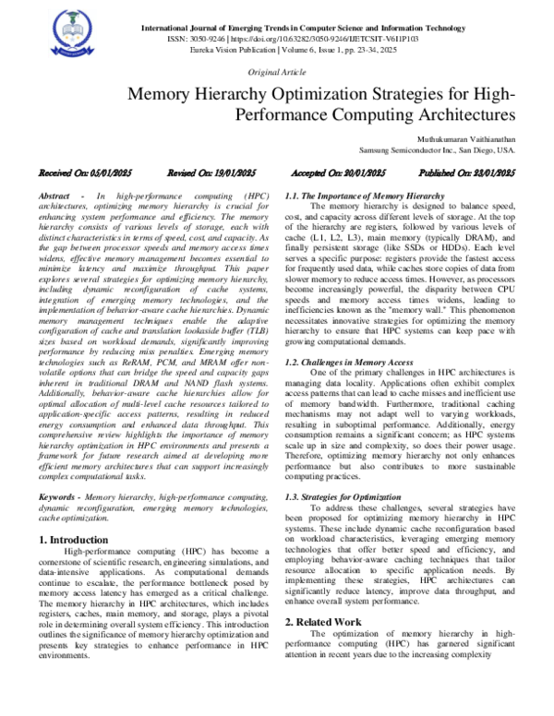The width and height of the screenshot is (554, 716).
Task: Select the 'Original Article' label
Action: coord(276,73)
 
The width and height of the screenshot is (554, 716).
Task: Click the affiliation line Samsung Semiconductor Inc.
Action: coord(437,149)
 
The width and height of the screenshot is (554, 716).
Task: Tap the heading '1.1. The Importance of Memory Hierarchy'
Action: coord(364,197)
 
